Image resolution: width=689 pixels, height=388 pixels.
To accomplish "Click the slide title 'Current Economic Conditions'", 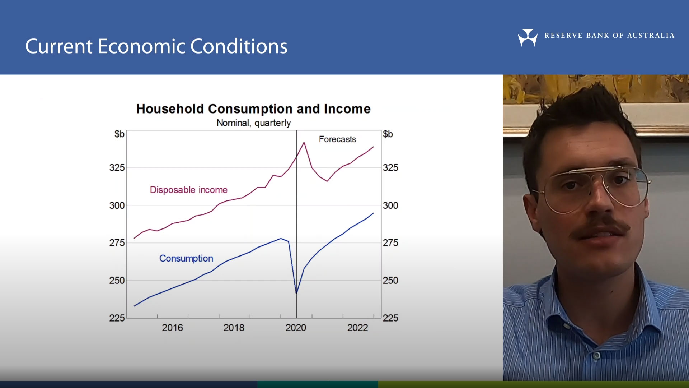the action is tap(156, 47).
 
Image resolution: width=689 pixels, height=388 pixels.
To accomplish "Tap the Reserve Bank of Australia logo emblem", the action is tap(528, 37).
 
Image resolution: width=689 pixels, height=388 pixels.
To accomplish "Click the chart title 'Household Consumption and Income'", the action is tap(253, 109).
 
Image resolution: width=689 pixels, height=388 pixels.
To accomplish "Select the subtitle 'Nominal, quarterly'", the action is tap(253, 123).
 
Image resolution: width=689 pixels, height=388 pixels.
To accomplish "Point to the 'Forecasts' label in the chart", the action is tap(337, 139).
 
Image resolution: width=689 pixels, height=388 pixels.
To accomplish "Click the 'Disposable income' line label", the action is tap(189, 190).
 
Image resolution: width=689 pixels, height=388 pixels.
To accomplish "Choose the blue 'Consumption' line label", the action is tap(186, 258).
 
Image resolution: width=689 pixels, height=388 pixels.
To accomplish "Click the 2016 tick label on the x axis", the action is tap(172, 328).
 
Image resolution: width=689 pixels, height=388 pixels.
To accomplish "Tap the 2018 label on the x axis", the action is tap(234, 328).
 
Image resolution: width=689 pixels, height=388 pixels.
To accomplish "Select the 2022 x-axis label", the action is tap(358, 328).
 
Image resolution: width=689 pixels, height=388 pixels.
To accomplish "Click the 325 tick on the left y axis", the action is tap(117, 168).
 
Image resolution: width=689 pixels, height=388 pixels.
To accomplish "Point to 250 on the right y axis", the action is tap(390, 281).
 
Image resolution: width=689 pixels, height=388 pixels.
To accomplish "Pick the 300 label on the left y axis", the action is tap(117, 205).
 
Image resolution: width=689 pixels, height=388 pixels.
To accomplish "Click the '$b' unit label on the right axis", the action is tap(388, 134).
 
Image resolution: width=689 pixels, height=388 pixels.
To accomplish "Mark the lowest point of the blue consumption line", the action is tap(296, 293).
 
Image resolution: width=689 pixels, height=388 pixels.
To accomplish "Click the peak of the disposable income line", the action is tap(304, 143).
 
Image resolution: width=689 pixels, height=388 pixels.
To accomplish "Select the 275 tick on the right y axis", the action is tap(390, 243).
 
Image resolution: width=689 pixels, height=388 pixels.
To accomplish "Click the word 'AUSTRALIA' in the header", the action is tap(651, 36).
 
